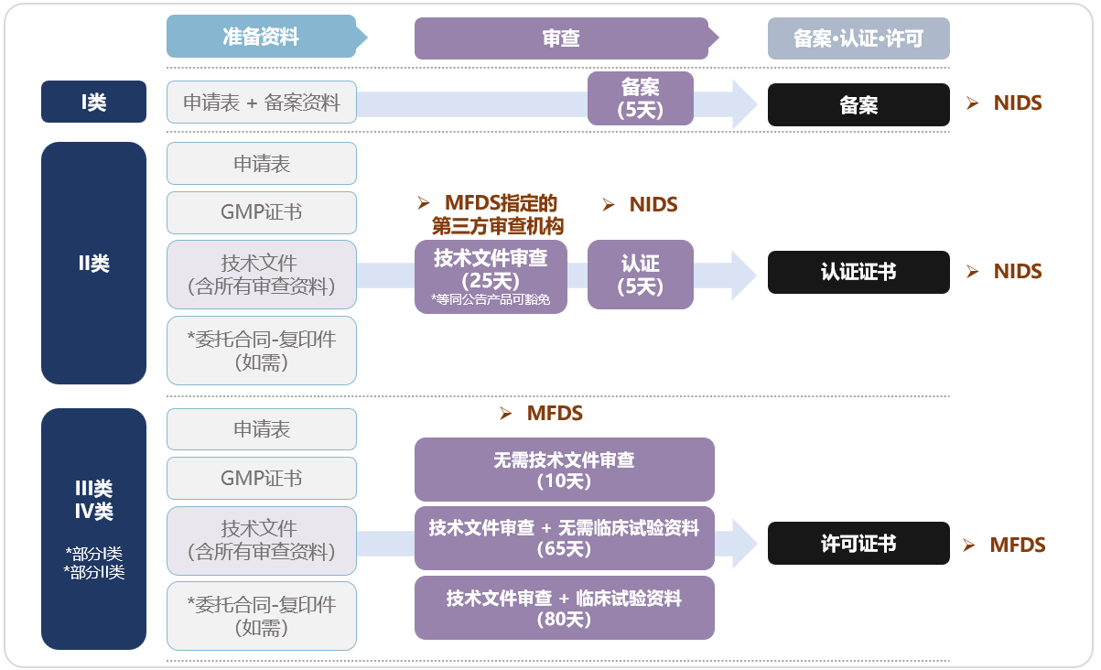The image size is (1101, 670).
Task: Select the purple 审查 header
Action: click(561, 38)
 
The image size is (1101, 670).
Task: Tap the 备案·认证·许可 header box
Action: click(858, 38)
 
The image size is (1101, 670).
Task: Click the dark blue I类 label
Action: click(93, 102)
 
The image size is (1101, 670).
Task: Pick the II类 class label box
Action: click(93, 264)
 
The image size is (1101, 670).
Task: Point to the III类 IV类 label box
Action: click(93, 529)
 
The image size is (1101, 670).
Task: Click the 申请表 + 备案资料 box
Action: click(261, 102)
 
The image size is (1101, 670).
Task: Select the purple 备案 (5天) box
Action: click(640, 98)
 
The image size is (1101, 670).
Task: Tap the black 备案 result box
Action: click(858, 104)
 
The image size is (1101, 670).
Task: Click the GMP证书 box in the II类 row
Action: click(261, 212)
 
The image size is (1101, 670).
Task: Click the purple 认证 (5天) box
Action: click(640, 275)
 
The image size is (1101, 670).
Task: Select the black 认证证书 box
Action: click(858, 272)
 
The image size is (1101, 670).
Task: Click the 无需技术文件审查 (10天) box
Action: click(564, 470)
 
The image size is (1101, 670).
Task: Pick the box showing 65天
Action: click(564, 538)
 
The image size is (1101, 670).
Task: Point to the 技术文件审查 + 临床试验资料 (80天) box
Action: click(564, 608)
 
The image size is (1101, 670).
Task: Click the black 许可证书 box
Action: click(858, 544)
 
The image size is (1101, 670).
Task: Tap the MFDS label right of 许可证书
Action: click(1017, 546)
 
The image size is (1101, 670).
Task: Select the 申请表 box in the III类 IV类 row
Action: click(261, 429)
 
